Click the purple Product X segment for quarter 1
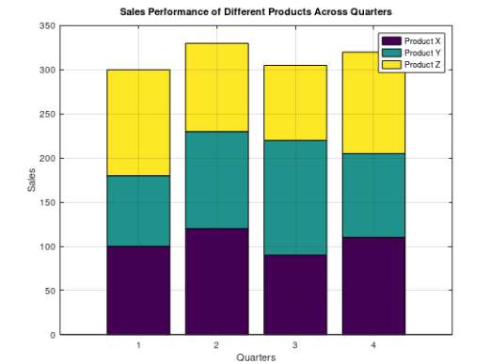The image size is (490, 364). pos(138,290)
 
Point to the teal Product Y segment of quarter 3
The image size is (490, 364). pos(294,198)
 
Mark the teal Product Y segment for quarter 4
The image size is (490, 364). pos(372,195)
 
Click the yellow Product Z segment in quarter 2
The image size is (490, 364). pos(216,87)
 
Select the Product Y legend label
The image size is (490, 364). pos(408,53)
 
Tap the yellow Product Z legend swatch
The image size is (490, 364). pos(390,64)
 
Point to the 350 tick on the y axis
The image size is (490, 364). pos(46,26)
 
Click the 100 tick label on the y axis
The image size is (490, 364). pos(46,246)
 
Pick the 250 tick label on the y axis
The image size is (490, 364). pos(46,114)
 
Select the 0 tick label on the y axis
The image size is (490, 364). pos(52,335)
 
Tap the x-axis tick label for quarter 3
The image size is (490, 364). pos(294,346)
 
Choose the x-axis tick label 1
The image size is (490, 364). pos(138,346)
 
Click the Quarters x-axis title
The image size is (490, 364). pos(256,357)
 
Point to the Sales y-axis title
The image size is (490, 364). pos(31,180)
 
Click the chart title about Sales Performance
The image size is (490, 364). pos(256,11)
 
